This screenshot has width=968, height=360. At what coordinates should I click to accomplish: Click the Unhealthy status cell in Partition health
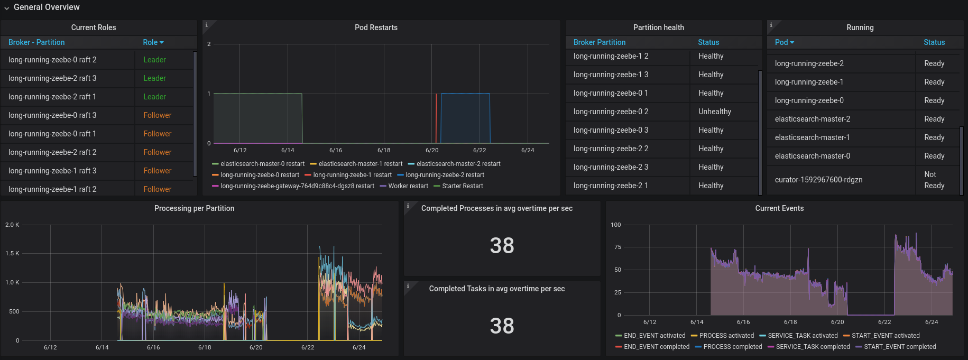715,112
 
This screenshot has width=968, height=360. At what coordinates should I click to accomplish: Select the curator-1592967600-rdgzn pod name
818,180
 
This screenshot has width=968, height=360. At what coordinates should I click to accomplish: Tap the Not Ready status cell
934,180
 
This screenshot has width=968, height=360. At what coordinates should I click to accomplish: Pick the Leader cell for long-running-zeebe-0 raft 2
154,60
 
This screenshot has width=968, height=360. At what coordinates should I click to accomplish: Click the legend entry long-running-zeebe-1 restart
352,175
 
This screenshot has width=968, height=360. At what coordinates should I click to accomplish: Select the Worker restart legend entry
408,186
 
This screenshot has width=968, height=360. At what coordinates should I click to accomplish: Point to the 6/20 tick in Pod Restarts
432,150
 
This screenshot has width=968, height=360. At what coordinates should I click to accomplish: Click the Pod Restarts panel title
376,27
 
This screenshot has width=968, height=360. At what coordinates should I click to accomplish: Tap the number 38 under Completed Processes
502,245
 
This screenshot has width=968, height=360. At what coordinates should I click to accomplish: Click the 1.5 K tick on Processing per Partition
12,253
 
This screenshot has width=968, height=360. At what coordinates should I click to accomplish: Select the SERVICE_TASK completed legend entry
813,347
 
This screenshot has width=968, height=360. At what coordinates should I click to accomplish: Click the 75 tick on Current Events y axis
617,247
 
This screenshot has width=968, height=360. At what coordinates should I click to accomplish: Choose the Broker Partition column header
599,42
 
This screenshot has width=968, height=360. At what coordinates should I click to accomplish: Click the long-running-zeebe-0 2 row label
611,112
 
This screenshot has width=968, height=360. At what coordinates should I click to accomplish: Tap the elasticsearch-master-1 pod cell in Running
812,137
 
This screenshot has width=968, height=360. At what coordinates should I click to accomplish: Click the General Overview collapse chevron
7,8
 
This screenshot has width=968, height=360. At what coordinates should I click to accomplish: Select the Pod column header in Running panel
784,42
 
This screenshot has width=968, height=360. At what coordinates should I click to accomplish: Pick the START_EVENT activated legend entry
886,336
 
